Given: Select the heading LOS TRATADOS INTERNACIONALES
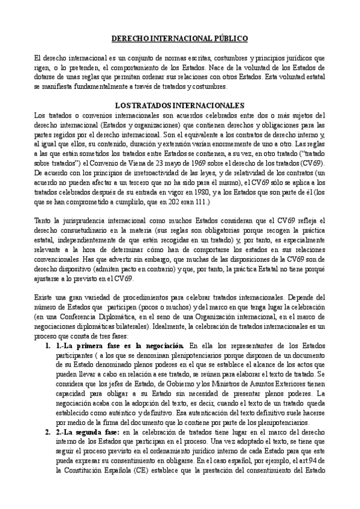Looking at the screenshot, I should coord(179,104).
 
